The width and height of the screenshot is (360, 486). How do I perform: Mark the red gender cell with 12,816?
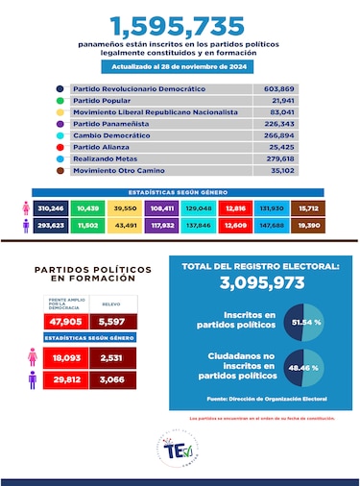(233, 207)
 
